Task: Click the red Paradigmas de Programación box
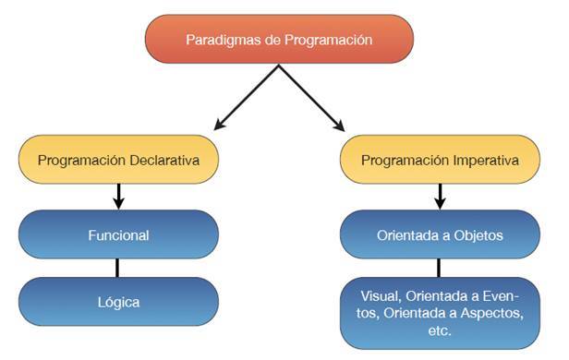pos(279,40)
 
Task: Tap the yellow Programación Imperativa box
pos(439,160)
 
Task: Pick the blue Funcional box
pos(117,234)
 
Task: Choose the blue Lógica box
pos(117,301)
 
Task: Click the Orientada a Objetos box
pos(439,234)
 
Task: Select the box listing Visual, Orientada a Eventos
pos(439,312)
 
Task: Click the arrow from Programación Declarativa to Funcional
pos(117,196)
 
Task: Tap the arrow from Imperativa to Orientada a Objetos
pos(440,196)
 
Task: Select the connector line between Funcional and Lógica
pos(117,268)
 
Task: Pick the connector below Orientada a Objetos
pos(440,268)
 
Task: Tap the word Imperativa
pos(484,160)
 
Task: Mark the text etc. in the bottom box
pos(440,330)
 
